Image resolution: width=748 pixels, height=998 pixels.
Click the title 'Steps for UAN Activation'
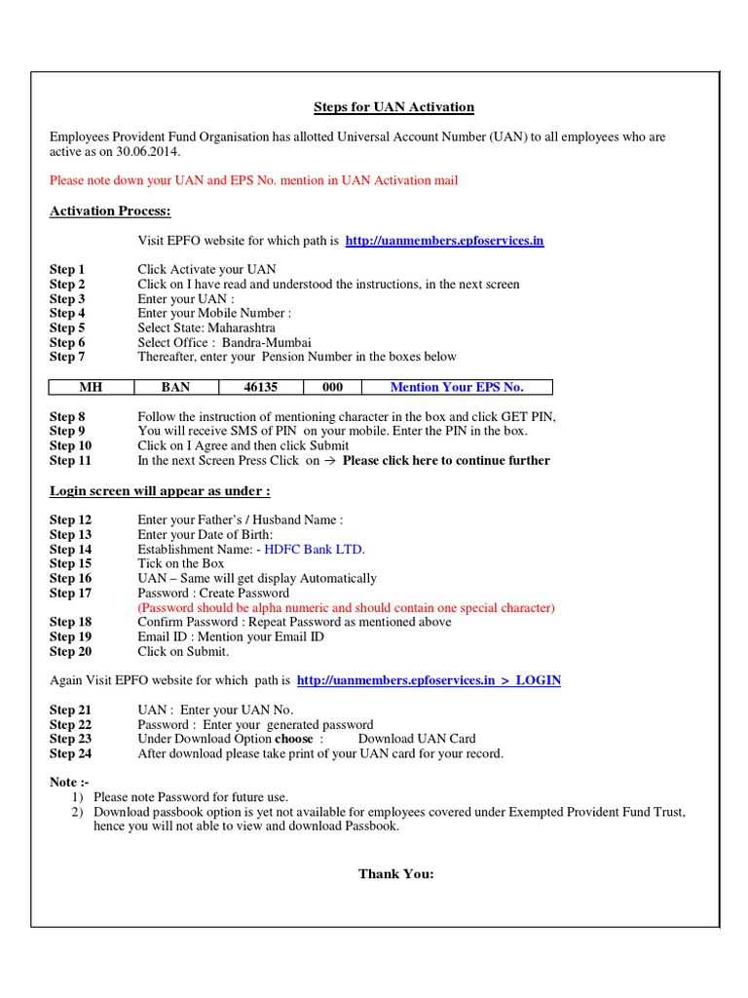pyautogui.click(x=393, y=107)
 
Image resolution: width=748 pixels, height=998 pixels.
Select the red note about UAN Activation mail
pyautogui.click(x=253, y=180)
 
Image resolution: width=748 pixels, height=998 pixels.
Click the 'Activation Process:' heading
pyautogui.click(x=110, y=211)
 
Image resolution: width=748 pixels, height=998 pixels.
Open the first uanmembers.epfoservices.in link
pyautogui.click(x=444, y=240)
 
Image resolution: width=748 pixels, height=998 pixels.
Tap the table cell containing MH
pyautogui.click(x=90, y=387)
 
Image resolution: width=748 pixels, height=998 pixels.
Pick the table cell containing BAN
pyautogui.click(x=175, y=387)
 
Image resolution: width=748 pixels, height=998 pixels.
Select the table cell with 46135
pyautogui.click(x=261, y=387)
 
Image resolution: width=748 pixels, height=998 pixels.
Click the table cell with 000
pyautogui.click(x=332, y=387)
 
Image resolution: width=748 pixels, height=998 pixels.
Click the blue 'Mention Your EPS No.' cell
pyautogui.click(x=457, y=387)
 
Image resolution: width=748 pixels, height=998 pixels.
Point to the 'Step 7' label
pyautogui.click(x=68, y=357)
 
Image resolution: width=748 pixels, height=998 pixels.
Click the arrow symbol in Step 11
pyautogui.click(x=329, y=460)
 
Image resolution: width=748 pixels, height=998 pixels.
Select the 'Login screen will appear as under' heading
pyautogui.click(x=160, y=490)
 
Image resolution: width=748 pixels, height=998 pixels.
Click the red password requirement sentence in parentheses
pyautogui.click(x=347, y=607)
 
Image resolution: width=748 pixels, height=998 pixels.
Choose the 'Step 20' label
pyautogui.click(x=71, y=651)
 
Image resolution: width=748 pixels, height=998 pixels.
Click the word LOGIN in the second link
pyautogui.click(x=538, y=680)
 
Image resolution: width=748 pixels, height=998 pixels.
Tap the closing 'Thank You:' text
pyautogui.click(x=395, y=873)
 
